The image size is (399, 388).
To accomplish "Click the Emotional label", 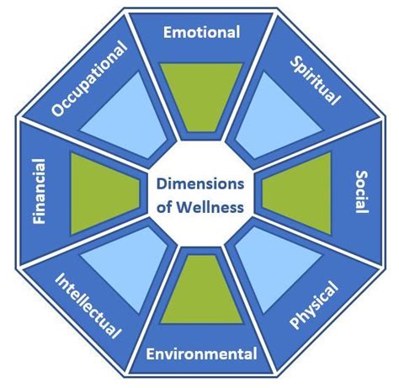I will pos(200,33).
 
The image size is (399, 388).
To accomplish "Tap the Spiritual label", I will pos(315,81).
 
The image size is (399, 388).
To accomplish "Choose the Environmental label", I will pos(200,353).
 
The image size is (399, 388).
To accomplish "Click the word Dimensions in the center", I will pos(199,183).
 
